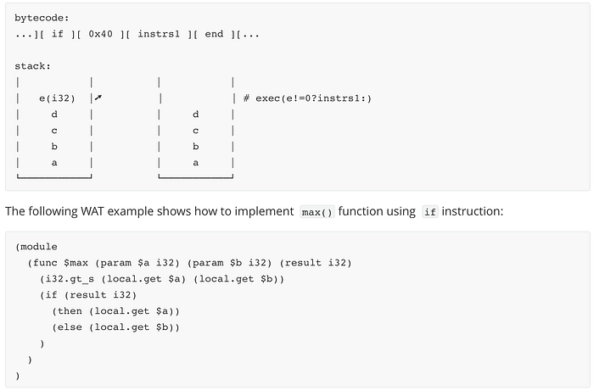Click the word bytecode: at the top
(x=42, y=18)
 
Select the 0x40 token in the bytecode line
(x=100, y=34)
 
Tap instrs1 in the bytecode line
(x=159, y=34)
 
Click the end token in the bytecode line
(x=214, y=34)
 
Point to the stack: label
(x=32, y=66)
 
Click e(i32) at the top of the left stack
(x=57, y=98)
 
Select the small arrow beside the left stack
(x=98, y=98)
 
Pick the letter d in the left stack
(x=54, y=114)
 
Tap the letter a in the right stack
(x=195, y=163)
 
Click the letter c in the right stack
(x=195, y=131)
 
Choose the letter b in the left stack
(x=54, y=146)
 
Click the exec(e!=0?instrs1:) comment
(x=313, y=98)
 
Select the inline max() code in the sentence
(x=317, y=212)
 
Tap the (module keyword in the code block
(x=36, y=247)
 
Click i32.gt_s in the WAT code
(x=70, y=279)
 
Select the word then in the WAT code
(x=70, y=311)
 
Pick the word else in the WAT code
(x=70, y=327)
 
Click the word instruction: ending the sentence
(x=473, y=211)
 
